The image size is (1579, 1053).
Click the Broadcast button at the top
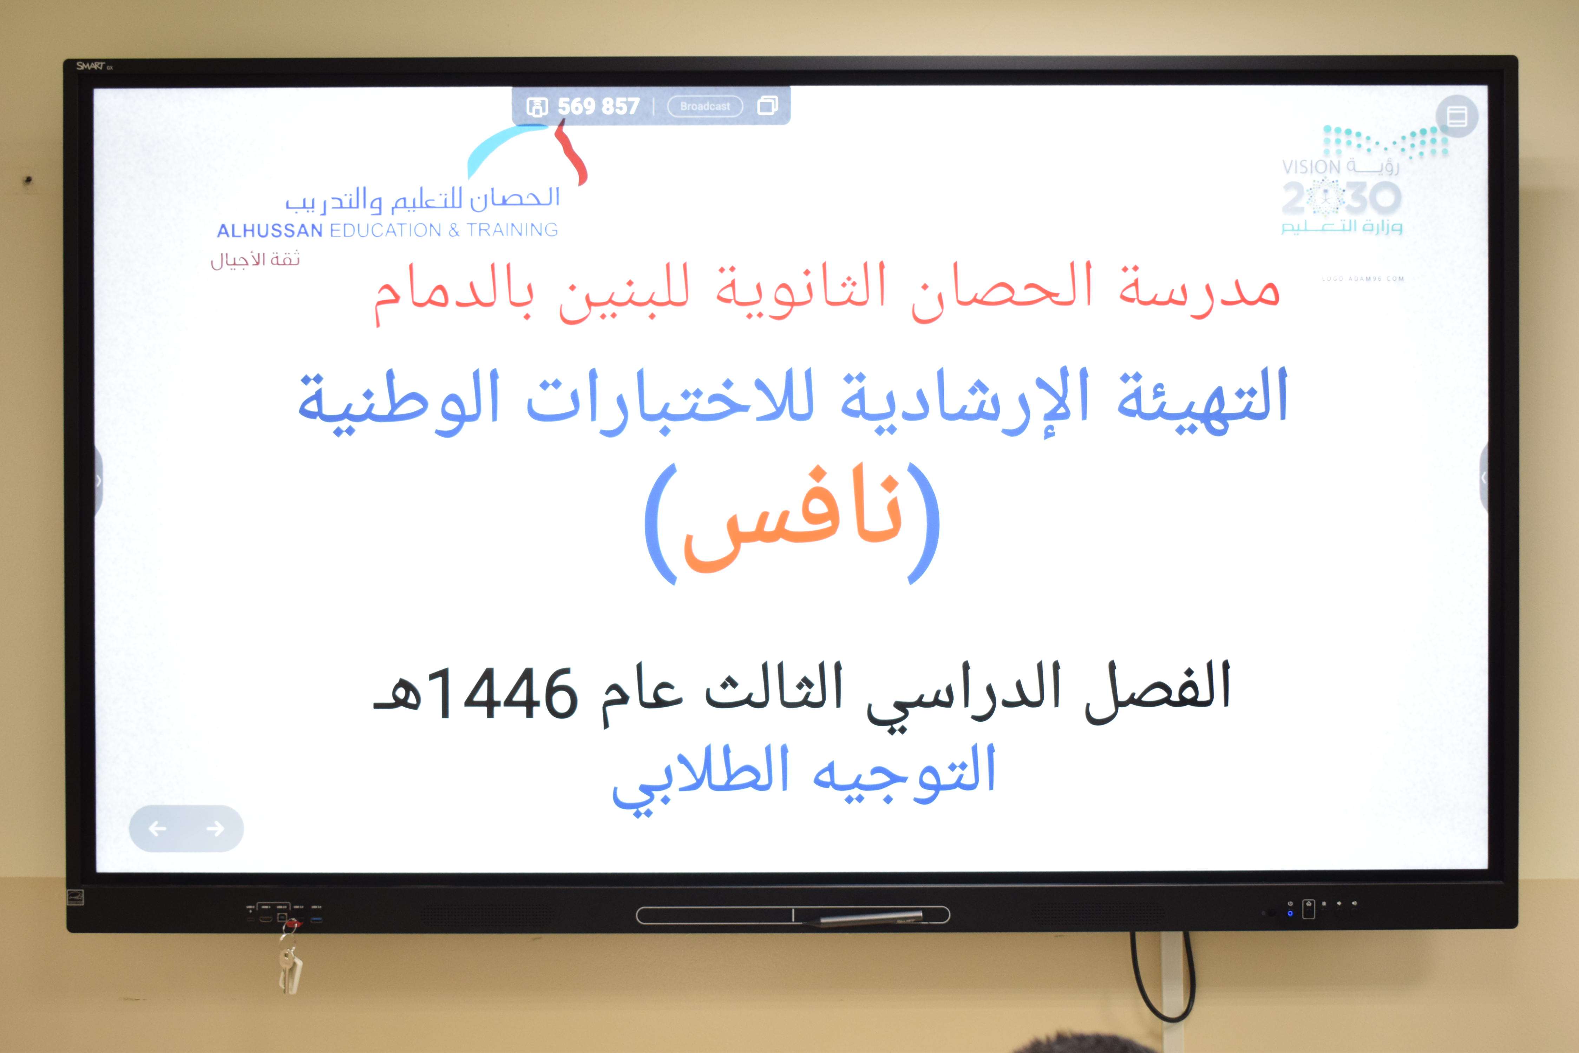click(x=705, y=106)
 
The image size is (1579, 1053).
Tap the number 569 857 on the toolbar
click(x=598, y=106)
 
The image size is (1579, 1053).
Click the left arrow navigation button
click(x=157, y=829)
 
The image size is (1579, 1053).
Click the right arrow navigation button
click(x=215, y=829)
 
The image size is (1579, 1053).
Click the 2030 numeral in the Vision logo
click(x=1341, y=197)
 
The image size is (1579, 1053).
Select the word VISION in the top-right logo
click(x=1311, y=167)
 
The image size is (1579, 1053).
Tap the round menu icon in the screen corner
click(x=1457, y=116)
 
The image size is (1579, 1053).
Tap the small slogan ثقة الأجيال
click(x=255, y=260)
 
